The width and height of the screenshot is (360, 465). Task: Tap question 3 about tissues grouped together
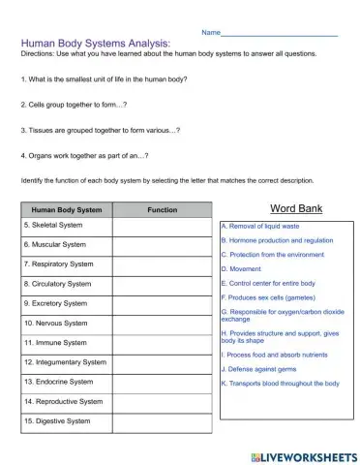pyautogui.click(x=100, y=129)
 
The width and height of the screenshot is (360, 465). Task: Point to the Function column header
pyautogui.click(x=162, y=209)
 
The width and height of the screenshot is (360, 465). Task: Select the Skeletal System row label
pyautogui.click(x=53, y=225)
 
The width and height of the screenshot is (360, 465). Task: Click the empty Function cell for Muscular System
pyautogui.click(x=162, y=245)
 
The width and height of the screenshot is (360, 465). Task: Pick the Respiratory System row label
pyautogui.click(x=59, y=263)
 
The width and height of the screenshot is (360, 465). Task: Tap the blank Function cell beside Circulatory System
pyautogui.click(x=162, y=284)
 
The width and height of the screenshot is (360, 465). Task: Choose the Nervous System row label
pyautogui.click(x=56, y=323)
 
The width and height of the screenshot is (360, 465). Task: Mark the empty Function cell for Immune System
pyautogui.click(x=162, y=343)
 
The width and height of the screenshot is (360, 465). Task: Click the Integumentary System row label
pyautogui.click(x=65, y=362)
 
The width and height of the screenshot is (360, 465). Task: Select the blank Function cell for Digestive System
pyautogui.click(x=162, y=421)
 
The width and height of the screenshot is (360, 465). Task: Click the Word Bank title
pyautogui.click(x=296, y=208)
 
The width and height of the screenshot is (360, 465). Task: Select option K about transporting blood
pyautogui.click(x=281, y=384)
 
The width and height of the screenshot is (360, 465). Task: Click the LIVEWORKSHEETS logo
pyautogui.click(x=303, y=454)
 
